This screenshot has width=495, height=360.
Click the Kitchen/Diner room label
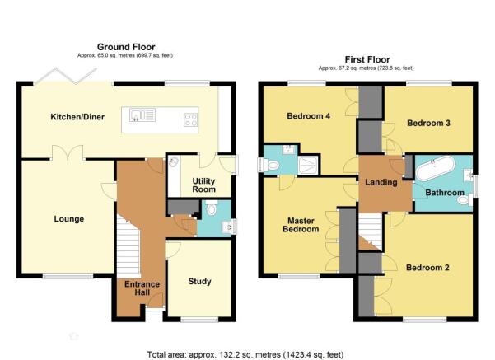[x=77, y=117]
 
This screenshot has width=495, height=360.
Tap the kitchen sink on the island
[x=142, y=115]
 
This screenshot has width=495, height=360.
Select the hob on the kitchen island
[x=191, y=119]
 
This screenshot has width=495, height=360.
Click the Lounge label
[x=69, y=219]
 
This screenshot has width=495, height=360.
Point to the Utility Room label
[x=204, y=185]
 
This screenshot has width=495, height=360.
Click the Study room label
[x=199, y=282]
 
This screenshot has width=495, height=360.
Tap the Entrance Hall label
[x=142, y=288]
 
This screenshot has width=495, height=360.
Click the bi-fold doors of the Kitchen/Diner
[x=66, y=77]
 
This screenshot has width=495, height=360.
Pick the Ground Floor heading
[x=126, y=47]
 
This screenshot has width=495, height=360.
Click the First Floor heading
[x=367, y=59]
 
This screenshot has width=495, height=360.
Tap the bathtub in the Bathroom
[x=436, y=169]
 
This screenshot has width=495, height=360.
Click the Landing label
[x=381, y=182]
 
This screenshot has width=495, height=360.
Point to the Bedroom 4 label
[x=308, y=116]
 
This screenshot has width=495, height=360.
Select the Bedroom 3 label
[x=428, y=123]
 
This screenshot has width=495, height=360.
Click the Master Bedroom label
[x=301, y=225]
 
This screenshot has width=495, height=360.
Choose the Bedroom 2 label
[x=427, y=268]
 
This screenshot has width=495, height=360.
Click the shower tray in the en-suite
[x=308, y=165]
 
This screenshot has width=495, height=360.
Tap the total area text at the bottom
[x=245, y=354]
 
